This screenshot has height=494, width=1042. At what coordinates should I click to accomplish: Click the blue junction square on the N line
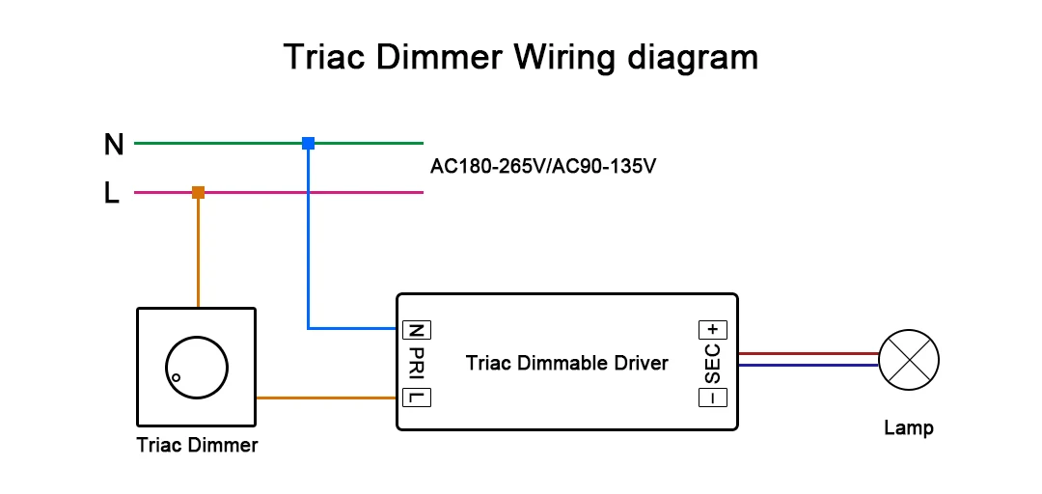308,143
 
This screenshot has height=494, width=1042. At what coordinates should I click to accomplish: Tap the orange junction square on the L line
198,193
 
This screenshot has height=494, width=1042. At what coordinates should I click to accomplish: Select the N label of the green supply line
114,145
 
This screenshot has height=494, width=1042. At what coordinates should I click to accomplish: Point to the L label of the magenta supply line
112,194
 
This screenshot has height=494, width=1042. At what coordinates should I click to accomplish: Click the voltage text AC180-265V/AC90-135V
543,166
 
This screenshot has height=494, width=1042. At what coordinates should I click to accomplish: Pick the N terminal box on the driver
417,330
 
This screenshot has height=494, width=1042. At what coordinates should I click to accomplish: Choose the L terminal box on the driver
417,398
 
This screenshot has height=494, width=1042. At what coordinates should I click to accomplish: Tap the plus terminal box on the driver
713,330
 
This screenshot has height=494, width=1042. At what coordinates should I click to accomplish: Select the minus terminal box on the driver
713,398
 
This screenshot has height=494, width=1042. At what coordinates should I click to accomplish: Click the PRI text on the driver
417,364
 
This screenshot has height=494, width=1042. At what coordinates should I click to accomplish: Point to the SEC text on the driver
713,364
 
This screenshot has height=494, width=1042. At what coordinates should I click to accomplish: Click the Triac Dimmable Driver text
567,364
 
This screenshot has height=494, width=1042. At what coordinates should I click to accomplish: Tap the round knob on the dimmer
196,367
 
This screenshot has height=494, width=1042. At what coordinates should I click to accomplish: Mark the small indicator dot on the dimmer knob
177,377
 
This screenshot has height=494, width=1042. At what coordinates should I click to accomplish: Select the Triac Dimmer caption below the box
197,445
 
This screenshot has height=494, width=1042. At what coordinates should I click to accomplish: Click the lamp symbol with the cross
909,360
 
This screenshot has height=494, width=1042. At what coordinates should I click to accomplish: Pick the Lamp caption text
909,428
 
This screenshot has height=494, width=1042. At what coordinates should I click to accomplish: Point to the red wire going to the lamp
809,354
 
